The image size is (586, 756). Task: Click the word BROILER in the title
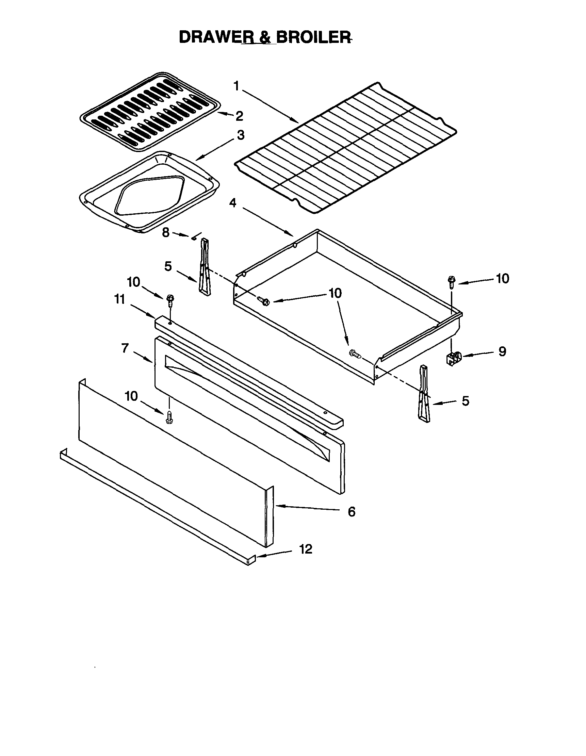314,37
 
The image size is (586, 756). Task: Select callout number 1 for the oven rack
237,86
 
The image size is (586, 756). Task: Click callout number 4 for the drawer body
233,203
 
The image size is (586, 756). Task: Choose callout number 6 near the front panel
351,511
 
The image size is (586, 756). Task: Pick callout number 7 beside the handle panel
125,348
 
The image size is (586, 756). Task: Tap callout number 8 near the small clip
166,233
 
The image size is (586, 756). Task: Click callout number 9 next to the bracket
502,352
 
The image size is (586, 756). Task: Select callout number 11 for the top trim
119,299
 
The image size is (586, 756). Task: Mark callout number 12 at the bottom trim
306,549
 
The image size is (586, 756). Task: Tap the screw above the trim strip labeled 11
170,300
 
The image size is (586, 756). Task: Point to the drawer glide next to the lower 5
424,395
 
